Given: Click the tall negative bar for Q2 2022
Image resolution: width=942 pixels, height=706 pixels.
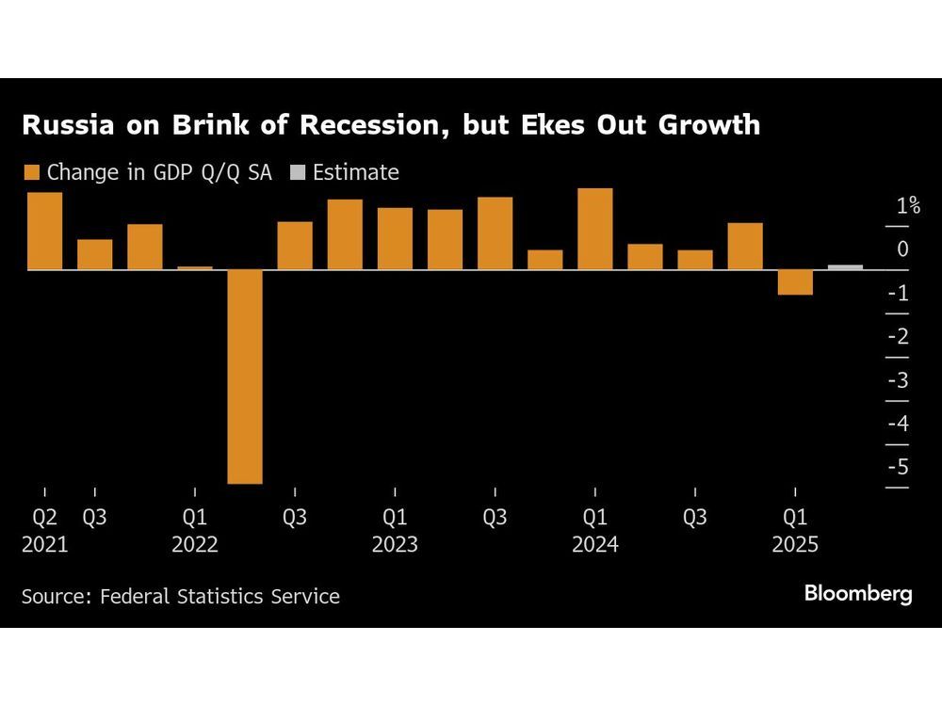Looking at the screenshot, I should coord(245,377).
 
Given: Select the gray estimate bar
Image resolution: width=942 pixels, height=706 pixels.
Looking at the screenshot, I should coord(845,267).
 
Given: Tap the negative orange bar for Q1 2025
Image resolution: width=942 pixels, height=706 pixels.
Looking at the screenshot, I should coord(795,282).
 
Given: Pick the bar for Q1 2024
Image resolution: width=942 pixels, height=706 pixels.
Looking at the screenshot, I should coord(595,229).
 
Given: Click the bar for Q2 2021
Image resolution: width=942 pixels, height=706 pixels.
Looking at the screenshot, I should coord(45,231).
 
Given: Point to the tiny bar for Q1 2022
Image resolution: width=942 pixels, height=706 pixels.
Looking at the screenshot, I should coord(195,268).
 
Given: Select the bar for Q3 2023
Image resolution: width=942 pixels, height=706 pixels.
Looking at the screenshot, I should coord(495,233).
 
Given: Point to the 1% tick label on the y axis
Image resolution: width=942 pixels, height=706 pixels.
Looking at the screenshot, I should coord(908,206).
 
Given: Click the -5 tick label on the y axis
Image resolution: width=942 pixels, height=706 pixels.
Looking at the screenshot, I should coord(899,467).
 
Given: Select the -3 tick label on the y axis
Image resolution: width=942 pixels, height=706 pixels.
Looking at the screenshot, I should coord(899,380).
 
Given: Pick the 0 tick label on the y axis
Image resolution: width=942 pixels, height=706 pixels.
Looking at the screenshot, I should coord(903,249).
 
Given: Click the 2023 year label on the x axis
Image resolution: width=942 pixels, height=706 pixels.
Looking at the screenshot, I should coord(395,544).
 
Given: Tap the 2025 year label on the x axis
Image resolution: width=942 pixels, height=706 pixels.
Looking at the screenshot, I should coord(795,544).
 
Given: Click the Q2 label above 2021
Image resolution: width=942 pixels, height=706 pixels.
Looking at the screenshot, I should coord(44,517).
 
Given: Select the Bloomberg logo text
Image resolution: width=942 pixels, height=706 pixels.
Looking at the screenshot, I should coord(857,594).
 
